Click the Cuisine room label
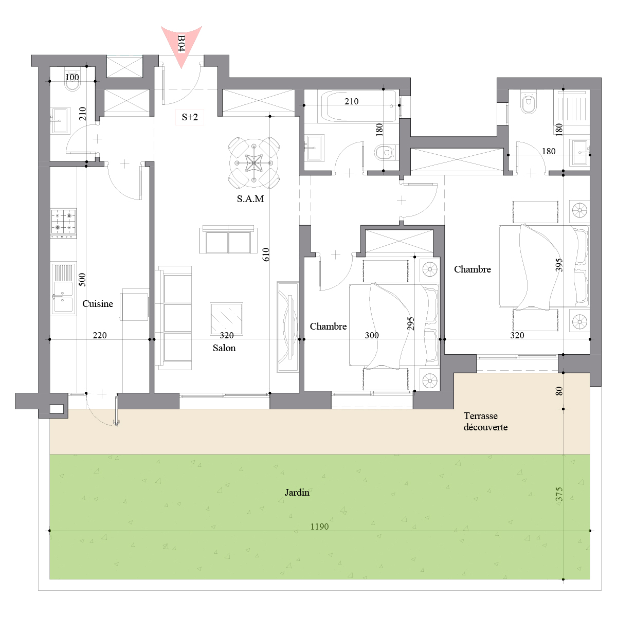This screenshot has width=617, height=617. click(x=98, y=303)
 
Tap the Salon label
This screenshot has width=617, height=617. click(x=224, y=348)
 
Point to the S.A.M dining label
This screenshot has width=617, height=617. click(x=250, y=199)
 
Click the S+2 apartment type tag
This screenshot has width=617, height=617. click(x=190, y=117)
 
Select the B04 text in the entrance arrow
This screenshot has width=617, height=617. click(x=181, y=43)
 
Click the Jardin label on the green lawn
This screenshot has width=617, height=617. click(x=297, y=492)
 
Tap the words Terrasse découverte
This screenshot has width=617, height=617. click(x=485, y=422)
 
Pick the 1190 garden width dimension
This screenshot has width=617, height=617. click(x=319, y=527)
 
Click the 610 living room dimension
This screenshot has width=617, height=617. click(x=266, y=254)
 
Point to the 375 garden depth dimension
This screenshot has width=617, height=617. click(x=559, y=494)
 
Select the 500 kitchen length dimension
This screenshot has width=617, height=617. click(x=82, y=280)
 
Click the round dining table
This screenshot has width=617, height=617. click(x=254, y=164)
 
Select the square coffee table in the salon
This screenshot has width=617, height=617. click(x=226, y=319)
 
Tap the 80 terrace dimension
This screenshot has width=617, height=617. click(x=559, y=391)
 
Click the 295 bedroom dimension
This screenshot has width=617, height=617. click(x=410, y=323)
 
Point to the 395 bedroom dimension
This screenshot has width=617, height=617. click(x=559, y=265)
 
